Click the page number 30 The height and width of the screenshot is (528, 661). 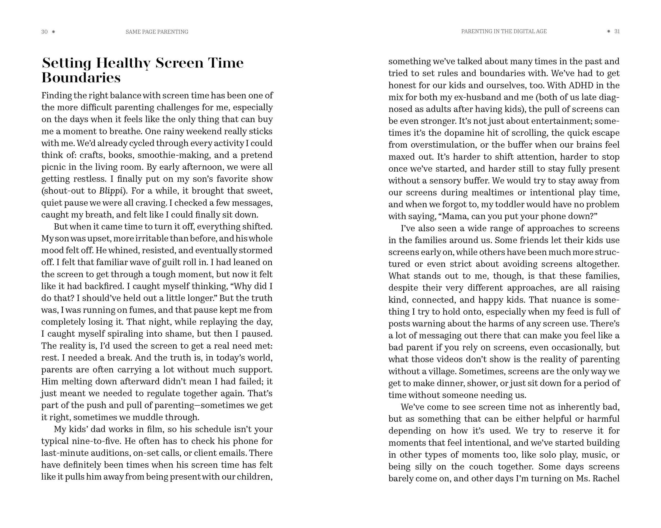[44, 32]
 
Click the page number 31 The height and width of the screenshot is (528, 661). [617, 32]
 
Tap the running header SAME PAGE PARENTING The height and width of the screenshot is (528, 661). [157, 32]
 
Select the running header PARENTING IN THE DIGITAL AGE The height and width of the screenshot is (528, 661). [504, 32]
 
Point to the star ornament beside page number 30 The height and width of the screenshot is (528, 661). [53, 32]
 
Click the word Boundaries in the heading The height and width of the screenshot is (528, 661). [81, 78]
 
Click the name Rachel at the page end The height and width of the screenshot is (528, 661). [606, 479]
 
